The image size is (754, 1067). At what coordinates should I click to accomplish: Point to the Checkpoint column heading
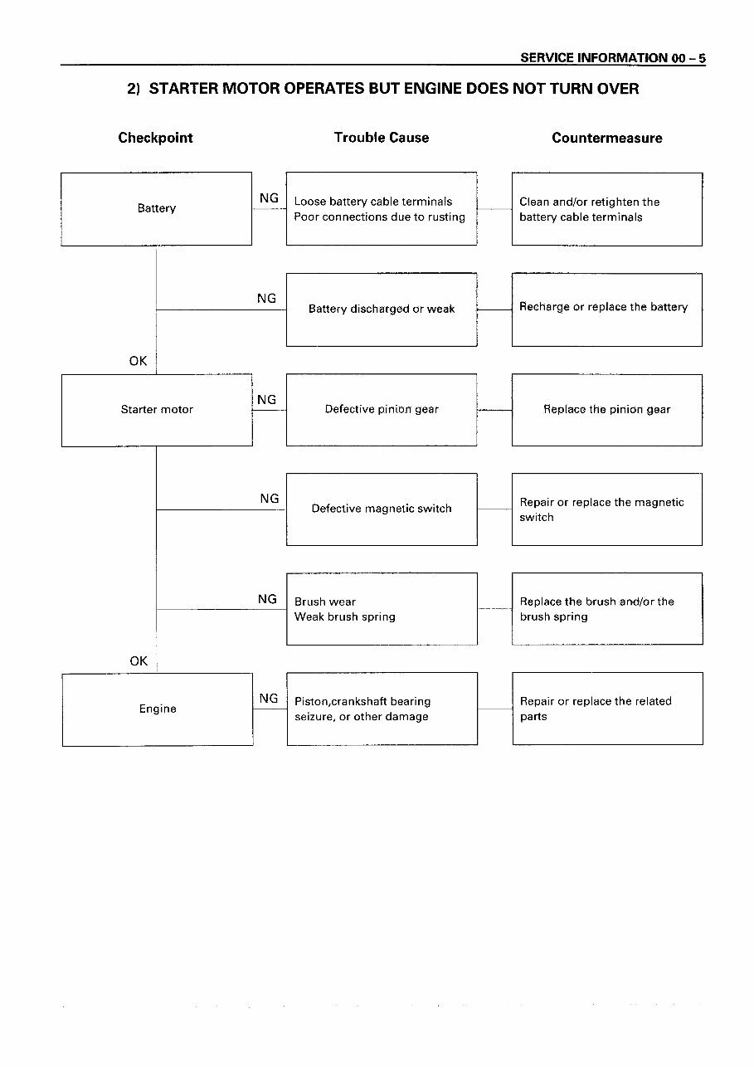click(155, 138)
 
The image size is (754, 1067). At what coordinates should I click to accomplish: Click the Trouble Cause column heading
click(382, 138)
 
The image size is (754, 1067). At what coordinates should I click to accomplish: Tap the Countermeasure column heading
click(607, 138)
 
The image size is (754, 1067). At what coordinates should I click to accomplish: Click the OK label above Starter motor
click(139, 361)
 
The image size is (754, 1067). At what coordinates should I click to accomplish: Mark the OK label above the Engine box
click(139, 661)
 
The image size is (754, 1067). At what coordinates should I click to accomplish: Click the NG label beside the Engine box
click(269, 699)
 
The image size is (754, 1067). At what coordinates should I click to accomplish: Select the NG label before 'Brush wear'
click(267, 599)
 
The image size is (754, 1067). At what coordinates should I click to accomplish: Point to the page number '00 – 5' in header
click(688, 58)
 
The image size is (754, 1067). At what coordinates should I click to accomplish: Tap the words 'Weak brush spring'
click(345, 616)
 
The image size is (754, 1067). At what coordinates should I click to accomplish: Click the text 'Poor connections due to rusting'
click(379, 217)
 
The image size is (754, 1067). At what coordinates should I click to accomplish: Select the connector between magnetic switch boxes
click(494, 509)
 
